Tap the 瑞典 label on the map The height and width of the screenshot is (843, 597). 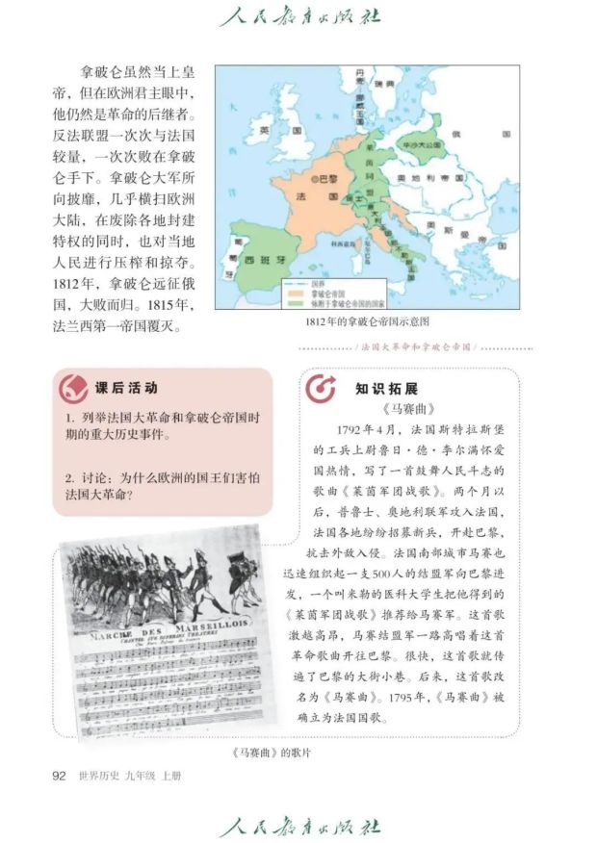pos(384,85)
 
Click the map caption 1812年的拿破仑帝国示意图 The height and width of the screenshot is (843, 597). pos(365,321)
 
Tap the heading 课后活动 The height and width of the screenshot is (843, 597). pos(126,389)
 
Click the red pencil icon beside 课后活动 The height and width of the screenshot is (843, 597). pos(73,389)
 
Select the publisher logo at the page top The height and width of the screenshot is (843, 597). pos(299,16)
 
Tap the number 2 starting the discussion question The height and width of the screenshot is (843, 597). pos(70,476)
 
